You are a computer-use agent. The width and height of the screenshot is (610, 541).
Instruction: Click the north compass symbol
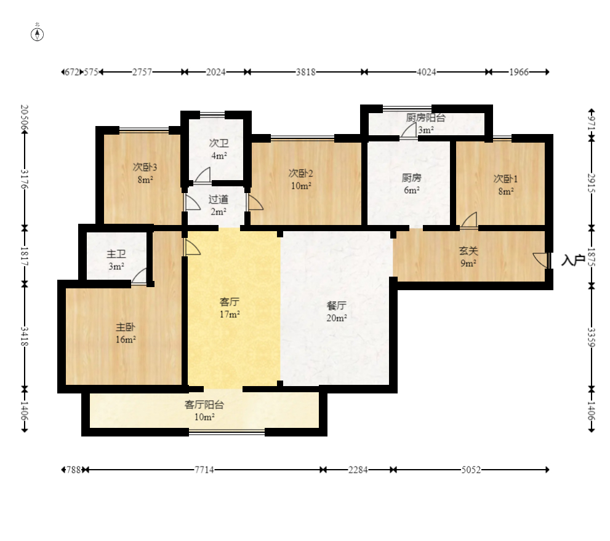click(38, 34)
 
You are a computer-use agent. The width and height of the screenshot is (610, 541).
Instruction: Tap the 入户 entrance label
click(573, 260)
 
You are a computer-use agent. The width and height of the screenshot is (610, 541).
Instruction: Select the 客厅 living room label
click(230, 302)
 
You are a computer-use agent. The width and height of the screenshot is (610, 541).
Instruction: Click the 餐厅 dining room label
click(337, 306)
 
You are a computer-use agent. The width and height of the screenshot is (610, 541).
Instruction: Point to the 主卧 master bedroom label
click(126, 327)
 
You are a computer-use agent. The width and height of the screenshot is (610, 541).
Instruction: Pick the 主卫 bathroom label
click(116, 254)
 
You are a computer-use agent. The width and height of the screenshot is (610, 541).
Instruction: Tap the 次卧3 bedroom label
click(145, 167)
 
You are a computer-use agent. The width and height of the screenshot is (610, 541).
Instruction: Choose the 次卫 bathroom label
click(219, 143)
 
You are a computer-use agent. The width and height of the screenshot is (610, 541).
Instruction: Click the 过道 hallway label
click(219, 199)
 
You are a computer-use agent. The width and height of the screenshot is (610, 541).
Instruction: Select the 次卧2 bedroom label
click(301, 173)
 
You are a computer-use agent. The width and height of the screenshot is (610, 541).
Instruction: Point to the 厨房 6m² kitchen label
click(412, 178)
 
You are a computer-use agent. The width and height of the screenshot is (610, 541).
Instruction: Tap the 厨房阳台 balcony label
click(425, 118)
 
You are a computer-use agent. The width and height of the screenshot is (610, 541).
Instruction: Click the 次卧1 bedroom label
click(506, 179)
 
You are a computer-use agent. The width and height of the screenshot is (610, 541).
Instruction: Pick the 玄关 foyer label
click(468, 251)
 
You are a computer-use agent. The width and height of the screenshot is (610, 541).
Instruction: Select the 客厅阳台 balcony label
click(204, 405)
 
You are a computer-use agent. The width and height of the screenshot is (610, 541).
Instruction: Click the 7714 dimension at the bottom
click(204, 470)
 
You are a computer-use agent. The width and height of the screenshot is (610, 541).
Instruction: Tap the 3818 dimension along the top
click(306, 72)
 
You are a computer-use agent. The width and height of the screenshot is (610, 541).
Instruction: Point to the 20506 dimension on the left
click(25, 118)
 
